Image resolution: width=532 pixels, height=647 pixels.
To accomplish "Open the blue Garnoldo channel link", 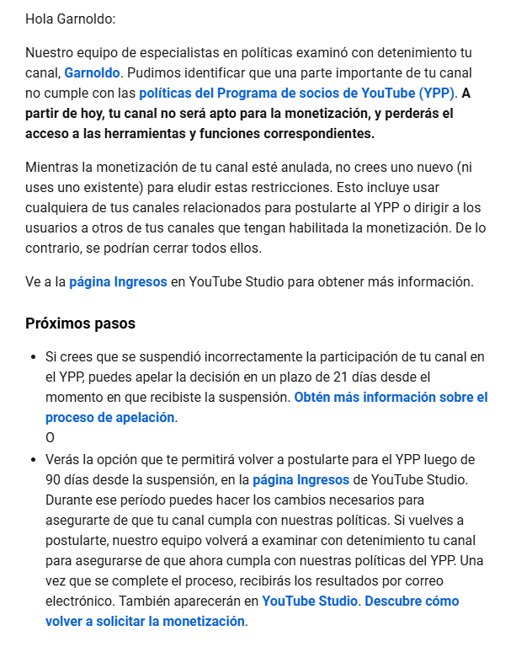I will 93,73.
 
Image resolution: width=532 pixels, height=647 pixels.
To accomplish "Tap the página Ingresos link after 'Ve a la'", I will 118,282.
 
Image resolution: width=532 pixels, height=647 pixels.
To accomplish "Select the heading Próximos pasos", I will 80,323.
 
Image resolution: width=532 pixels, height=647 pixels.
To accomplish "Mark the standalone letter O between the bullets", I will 50,437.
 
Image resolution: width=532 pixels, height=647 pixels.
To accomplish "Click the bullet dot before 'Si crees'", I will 32,357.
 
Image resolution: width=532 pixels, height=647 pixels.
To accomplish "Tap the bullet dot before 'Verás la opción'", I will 32,460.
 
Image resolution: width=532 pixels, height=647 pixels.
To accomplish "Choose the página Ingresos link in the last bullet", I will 301,479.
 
